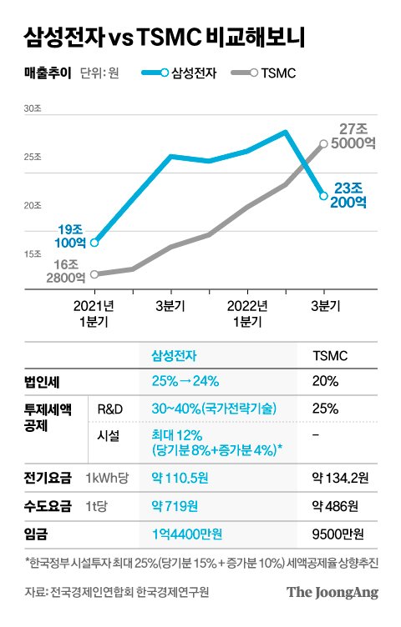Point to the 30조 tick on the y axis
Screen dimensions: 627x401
pos(33,109)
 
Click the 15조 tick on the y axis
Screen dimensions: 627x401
pos(33,253)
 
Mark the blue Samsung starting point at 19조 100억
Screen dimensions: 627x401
pos(94,243)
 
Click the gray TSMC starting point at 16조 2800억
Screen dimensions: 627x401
pos(94,273)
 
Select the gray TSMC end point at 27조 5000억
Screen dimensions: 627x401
pos(324,143)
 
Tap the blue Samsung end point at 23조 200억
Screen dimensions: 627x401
pos(324,196)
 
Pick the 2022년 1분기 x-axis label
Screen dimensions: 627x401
pos(247,313)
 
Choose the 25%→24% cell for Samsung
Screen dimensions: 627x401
pos(185,382)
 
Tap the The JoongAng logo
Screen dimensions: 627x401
pos(332,593)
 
